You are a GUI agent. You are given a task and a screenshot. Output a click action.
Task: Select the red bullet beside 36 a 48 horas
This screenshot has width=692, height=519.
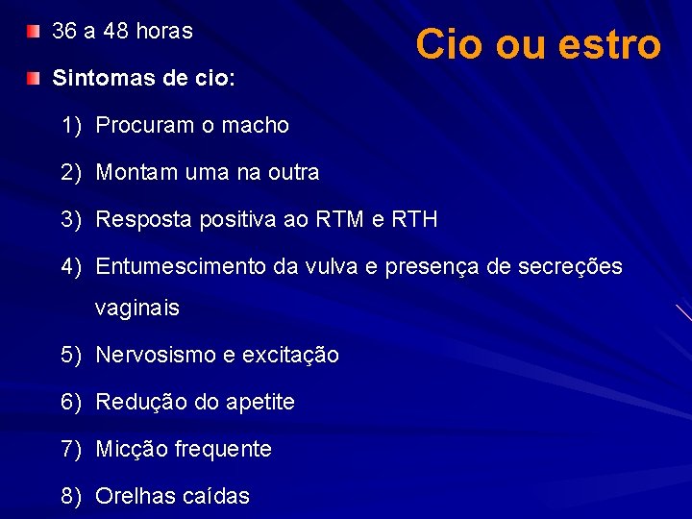click(34, 32)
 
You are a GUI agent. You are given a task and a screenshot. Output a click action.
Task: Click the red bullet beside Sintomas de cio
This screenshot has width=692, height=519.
click(34, 77)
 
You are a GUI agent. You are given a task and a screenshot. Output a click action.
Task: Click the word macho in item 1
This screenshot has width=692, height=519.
click(256, 125)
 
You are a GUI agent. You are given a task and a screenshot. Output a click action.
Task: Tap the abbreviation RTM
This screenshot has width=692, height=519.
click(344, 220)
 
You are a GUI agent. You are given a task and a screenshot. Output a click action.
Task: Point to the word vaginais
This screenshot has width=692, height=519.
click(136, 309)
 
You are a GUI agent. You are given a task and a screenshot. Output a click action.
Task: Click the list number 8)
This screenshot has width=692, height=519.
click(72, 496)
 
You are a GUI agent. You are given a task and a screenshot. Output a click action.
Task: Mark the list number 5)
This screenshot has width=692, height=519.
click(72, 355)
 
